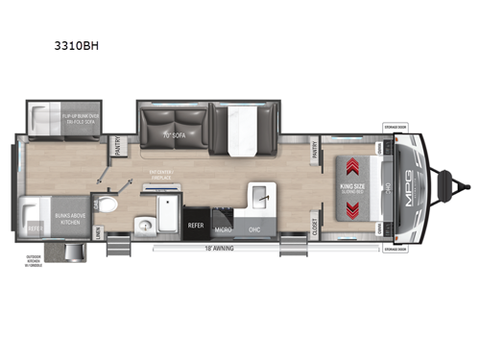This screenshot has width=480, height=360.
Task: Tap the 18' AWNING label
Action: point(218,247)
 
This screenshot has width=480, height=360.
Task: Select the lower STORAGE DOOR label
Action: point(395,250)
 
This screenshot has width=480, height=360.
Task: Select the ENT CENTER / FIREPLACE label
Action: point(159,174)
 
